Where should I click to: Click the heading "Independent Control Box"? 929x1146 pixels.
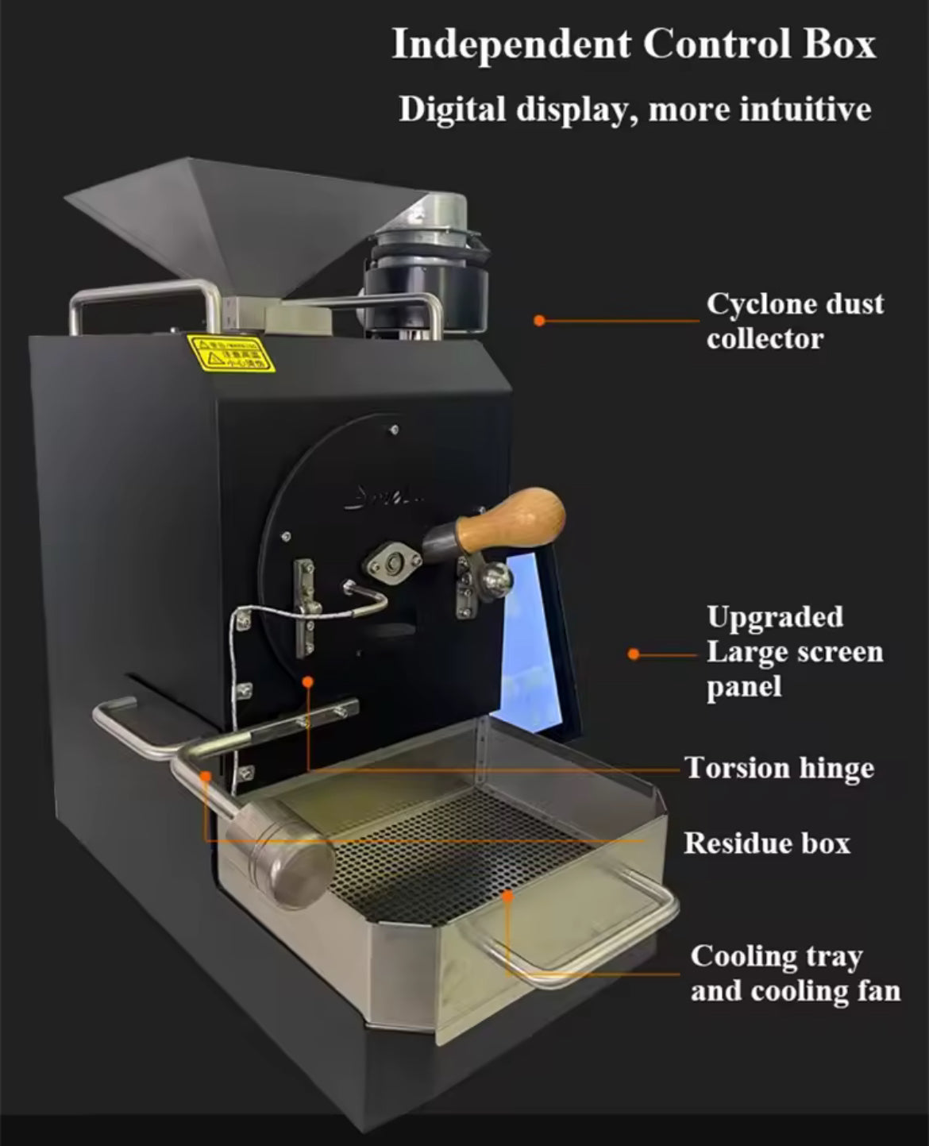pos(634,44)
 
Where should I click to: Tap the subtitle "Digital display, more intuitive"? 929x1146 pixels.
pos(634,109)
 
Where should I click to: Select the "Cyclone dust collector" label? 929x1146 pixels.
pos(794,321)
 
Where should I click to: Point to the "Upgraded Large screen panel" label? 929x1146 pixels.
pos(794,652)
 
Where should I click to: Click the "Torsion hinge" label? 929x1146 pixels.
pos(779,768)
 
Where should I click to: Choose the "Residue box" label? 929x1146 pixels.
pos(766,843)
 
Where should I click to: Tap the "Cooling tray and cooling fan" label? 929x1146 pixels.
pos(795,974)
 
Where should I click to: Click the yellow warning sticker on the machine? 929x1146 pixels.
pos(229,353)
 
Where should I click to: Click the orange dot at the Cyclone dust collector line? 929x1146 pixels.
pos(539,321)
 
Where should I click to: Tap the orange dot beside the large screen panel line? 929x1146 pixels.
pos(633,654)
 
